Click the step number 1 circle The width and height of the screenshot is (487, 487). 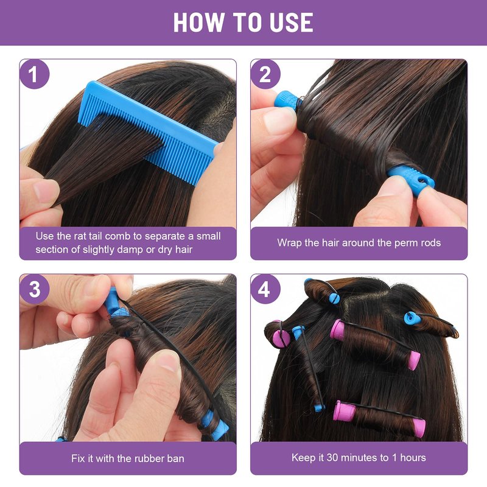34,74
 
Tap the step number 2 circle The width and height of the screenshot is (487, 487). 265,74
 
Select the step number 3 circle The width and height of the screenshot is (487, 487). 34,289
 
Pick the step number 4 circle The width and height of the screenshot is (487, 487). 265,289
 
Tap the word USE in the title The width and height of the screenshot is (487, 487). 292,23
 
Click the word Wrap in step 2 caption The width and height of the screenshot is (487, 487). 289,242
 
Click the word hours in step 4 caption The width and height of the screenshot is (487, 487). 413,458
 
